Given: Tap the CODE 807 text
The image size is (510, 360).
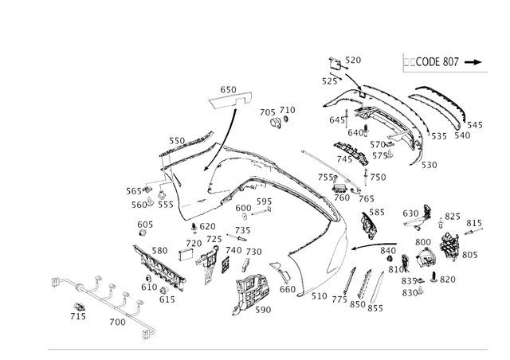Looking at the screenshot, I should click(x=434, y=62).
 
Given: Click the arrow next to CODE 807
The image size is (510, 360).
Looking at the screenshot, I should click(x=474, y=62).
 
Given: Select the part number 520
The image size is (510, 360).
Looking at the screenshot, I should click(x=352, y=61).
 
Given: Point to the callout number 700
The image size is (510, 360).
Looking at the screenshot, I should click(x=117, y=323).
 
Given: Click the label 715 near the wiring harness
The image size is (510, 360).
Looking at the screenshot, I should click(x=77, y=317).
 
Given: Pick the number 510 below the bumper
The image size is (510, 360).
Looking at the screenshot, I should click(x=319, y=296).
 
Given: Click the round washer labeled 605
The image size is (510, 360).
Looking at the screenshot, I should click(x=144, y=237).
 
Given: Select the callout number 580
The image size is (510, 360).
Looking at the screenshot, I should click(x=159, y=251).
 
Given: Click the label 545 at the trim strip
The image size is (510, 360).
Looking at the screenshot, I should click(x=474, y=125).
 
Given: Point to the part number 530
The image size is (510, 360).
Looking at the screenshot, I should click(x=429, y=165).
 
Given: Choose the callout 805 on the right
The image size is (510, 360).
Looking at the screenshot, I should click(x=469, y=255).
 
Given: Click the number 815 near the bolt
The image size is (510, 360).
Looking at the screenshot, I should click(x=473, y=223).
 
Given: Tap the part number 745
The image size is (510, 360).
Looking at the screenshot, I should click(x=344, y=159).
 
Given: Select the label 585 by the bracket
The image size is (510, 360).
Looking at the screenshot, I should click(x=376, y=213).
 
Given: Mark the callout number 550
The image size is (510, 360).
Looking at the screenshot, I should click(x=176, y=141).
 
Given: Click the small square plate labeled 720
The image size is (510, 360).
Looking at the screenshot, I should click(x=186, y=256).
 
